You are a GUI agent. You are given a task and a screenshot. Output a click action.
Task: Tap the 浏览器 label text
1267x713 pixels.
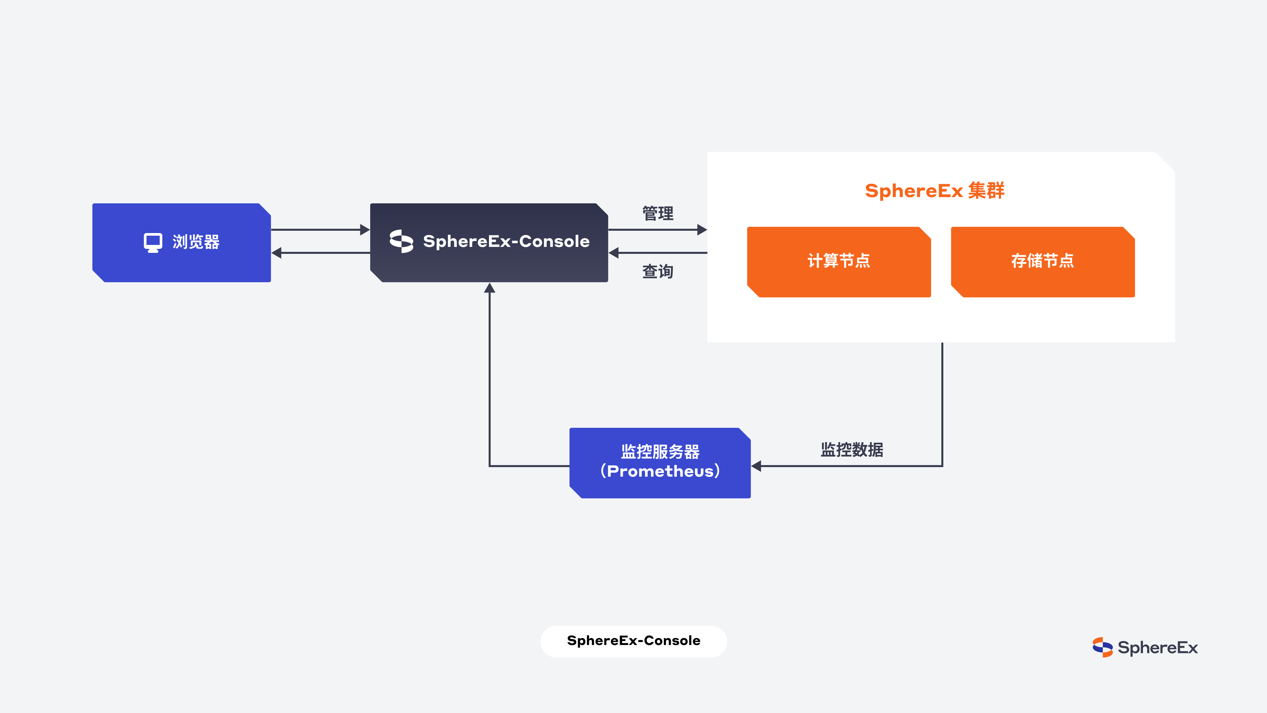pyautogui.click(x=196, y=242)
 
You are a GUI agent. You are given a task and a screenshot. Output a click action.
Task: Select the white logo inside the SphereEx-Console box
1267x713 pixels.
pyautogui.click(x=401, y=241)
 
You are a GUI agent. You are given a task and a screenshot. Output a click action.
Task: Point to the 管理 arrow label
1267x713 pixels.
pyautogui.click(x=658, y=214)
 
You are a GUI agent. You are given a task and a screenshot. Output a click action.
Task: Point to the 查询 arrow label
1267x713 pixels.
pyautogui.click(x=658, y=271)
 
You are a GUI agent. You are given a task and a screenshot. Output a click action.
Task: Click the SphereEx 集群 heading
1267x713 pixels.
pyautogui.click(x=934, y=190)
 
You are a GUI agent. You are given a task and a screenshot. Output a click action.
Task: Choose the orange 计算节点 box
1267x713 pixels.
pyautogui.click(x=839, y=262)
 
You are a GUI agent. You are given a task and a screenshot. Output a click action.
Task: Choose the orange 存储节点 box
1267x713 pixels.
pyautogui.click(x=1043, y=262)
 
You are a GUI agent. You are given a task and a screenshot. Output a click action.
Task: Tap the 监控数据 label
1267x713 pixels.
pyautogui.click(x=852, y=450)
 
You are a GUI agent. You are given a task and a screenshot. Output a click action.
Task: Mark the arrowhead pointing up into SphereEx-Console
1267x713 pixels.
pyautogui.click(x=489, y=288)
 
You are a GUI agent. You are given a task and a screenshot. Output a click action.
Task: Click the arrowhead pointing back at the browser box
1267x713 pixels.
pyautogui.click(x=277, y=253)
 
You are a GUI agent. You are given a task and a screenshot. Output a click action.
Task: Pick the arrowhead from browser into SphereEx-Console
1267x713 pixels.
pyautogui.click(x=365, y=230)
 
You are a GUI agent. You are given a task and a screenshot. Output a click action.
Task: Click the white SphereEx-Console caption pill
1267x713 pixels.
pyautogui.click(x=633, y=641)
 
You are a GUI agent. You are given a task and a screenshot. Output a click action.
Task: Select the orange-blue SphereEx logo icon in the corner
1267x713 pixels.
pyautogui.click(x=1102, y=647)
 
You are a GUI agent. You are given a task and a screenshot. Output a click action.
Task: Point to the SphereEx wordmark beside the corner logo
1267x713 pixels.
pyautogui.click(x=1158, y=648)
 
